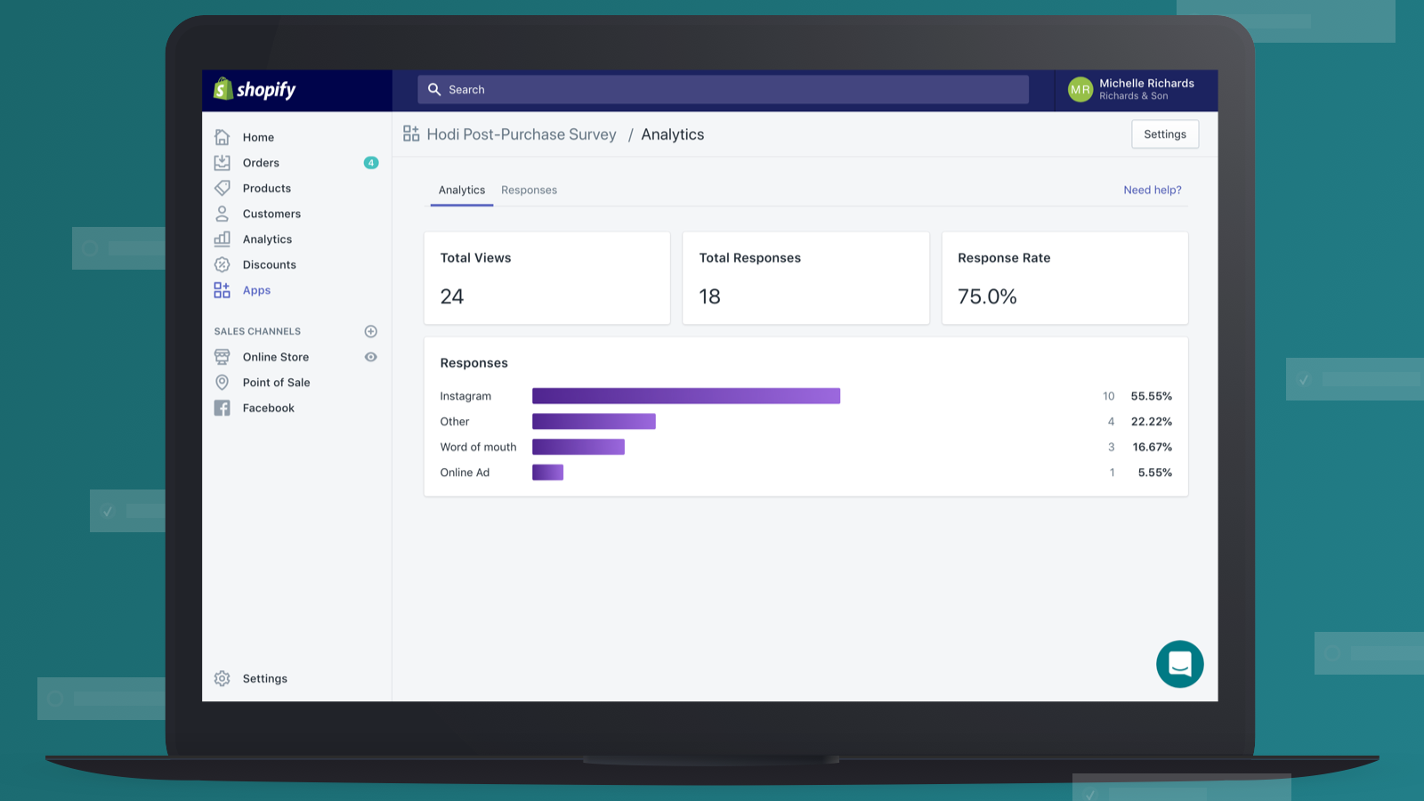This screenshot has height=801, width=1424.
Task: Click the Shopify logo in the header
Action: point(255,90)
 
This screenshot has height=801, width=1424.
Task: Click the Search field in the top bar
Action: point(723,90)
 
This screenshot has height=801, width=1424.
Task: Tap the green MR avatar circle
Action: point(1080,90)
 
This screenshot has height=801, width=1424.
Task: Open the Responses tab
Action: point(529,190)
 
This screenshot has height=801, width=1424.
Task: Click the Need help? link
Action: point(1152,190)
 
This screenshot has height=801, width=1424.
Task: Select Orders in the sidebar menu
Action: point(261,163)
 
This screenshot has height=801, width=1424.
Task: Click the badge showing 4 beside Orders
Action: point(371,163)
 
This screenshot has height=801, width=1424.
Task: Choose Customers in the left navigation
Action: point(271,214)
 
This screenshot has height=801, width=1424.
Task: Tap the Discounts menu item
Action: point(269,265)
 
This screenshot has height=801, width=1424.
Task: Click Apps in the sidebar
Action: point(256,291)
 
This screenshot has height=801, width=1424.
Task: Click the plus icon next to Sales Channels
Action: point(371,332)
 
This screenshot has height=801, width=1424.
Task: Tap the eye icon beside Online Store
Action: point(371,357)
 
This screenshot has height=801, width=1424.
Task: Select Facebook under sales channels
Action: point(268,409)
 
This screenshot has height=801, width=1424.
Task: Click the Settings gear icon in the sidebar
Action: point(222,679)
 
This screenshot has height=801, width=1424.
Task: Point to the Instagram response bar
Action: point(685,396)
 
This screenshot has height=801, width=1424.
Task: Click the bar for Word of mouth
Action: point(578,447)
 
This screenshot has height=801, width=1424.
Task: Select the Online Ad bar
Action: point(547,473)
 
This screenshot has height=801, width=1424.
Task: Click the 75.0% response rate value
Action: point(987,297)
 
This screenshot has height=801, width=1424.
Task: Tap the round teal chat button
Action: point(1179,664)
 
